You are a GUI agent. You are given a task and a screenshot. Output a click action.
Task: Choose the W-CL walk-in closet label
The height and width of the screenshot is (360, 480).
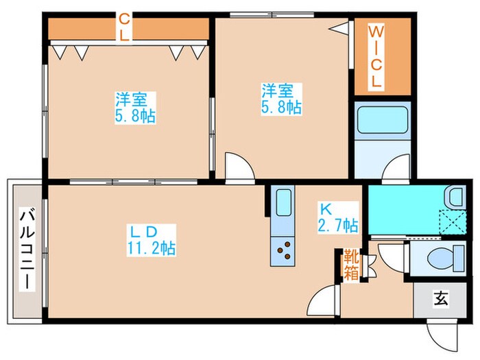tap(376, 56)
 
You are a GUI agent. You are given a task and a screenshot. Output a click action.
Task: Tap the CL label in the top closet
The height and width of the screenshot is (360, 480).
tap(124, 27)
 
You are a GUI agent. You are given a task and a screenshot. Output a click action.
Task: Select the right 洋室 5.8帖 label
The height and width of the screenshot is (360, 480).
tap(280, 98)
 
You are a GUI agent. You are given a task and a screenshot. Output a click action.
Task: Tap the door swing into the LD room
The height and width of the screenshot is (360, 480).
tap(324, 302)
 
